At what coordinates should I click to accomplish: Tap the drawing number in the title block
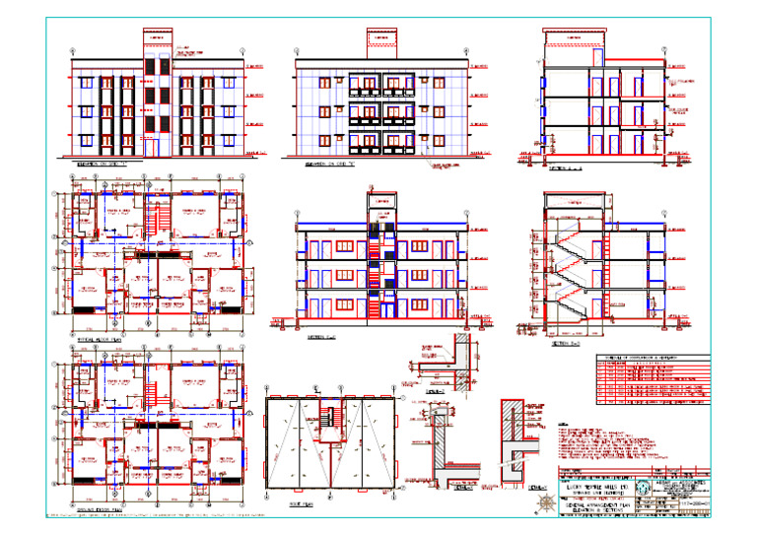click(x=690, y=504)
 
